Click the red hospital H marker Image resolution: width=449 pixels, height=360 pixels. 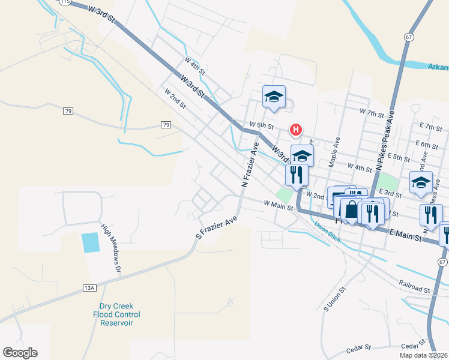295,129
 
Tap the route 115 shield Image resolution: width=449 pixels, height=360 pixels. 64,2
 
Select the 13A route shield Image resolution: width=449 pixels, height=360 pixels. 89,289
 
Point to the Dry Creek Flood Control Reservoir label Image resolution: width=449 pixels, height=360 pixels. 116,314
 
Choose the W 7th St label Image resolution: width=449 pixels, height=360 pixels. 372,112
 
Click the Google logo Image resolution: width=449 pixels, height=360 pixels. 20,353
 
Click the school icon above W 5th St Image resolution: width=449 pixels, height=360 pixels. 274,97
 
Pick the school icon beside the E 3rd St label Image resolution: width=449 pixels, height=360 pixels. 421,182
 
